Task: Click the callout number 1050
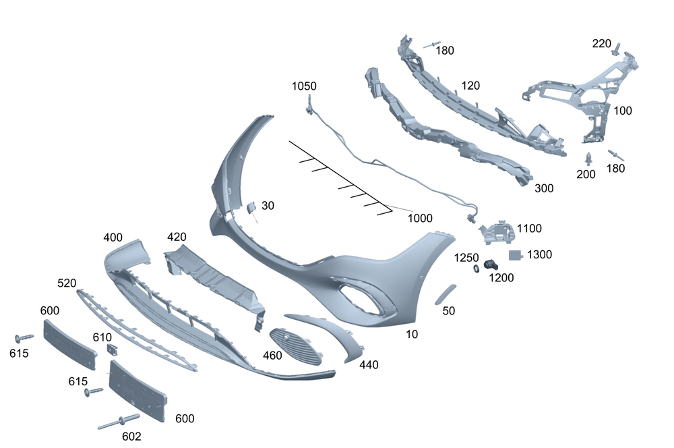click(304, 86)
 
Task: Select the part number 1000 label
click(420, 218)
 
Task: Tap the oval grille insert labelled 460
click(295, 345)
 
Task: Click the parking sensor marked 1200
click(492, 267)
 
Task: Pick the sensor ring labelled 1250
click(475, 269)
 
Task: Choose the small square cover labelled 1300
click(516, 255)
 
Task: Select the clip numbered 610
click(112, 350)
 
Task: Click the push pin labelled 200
click(589, 159)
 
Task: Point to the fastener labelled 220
click(616, 48)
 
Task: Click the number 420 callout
click(177, 237)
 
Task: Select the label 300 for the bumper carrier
click(544, 188)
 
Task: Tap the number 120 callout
click(470, 86)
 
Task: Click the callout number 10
click(412, 334)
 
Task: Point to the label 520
click(67, 283)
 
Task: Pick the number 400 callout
click(113, 237)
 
